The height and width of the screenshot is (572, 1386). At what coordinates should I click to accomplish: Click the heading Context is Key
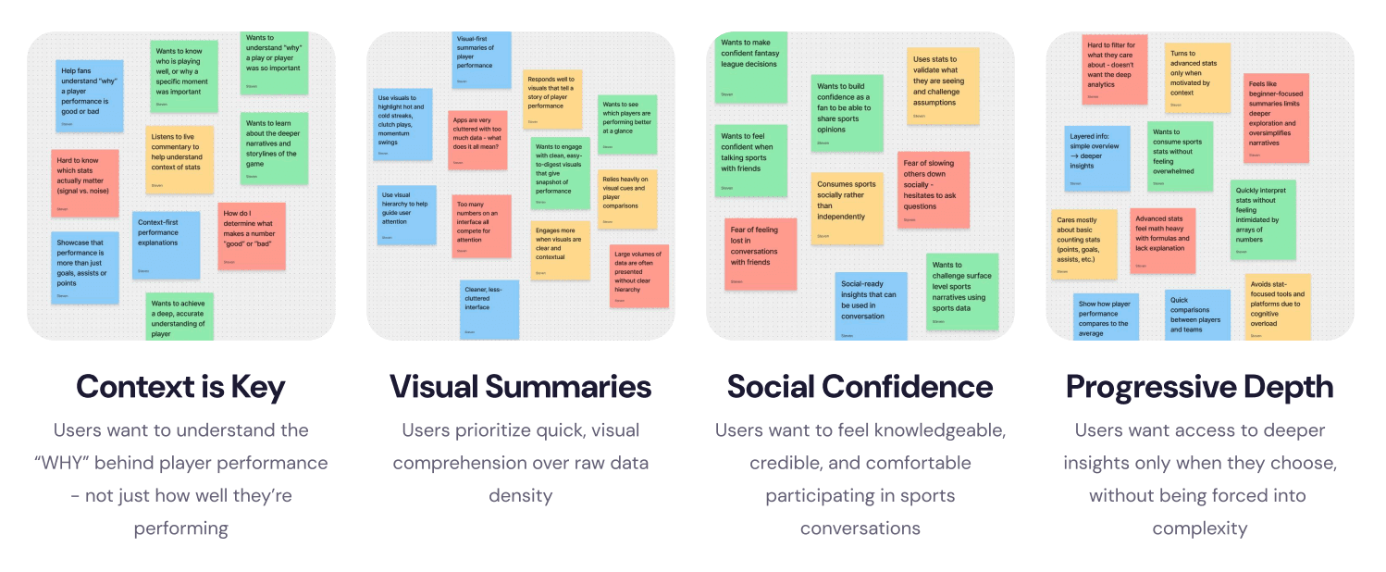[x=180, y=387]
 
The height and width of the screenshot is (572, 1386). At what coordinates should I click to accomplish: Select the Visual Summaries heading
[x=520, y=387]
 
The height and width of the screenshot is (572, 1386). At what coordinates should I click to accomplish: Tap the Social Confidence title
[x=860, y=387]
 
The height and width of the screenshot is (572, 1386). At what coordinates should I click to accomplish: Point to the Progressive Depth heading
[x=1199, y=387]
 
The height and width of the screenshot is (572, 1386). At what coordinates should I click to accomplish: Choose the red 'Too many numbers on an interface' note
[x=481, y=226]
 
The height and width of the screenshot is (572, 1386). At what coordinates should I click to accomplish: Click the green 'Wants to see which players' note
[x=627, y=124]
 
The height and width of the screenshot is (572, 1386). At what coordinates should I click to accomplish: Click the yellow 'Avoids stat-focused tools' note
[x=1277, y=306]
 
